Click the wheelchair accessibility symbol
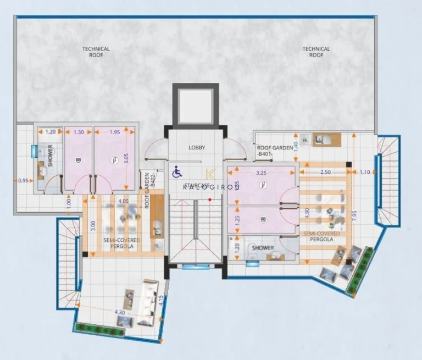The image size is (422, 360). point(177,173)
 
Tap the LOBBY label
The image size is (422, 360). point(196,147)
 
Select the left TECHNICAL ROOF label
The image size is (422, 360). point(96,52)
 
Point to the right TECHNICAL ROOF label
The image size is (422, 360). point(316,52)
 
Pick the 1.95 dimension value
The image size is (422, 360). point(114,132)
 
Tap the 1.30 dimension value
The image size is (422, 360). point(79,132)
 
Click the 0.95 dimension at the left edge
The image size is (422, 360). point(23,180)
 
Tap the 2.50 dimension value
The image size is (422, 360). point(326,173)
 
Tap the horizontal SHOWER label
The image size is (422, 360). point(263,248)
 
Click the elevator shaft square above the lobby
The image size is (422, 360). point(195,104)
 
